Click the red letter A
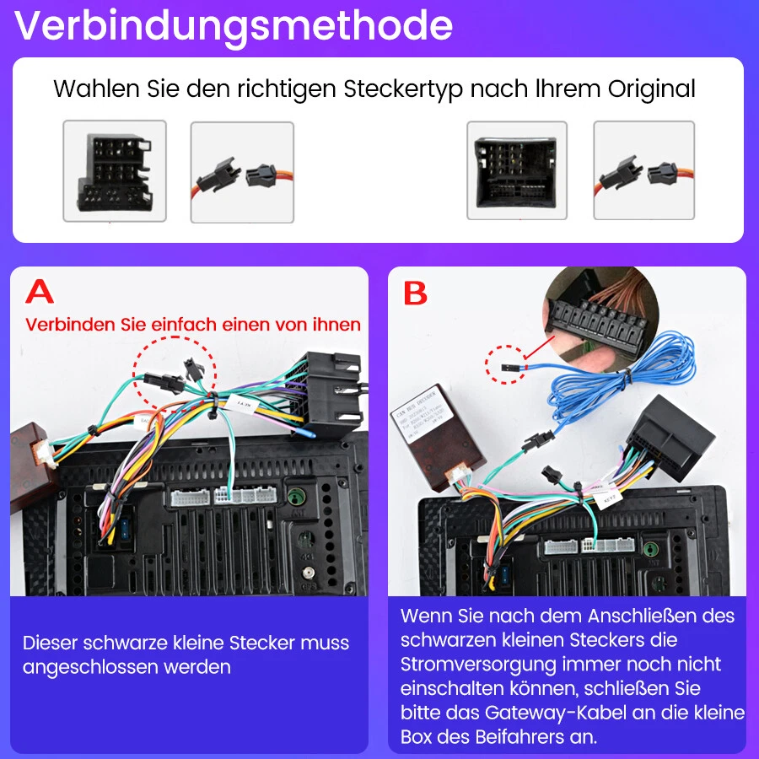[x=40, y=292]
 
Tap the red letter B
[x=415, y=293]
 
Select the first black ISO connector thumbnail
[x=115, y=171]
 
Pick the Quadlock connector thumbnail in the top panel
[x=517, y=171]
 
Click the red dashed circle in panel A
[x=175, y=369]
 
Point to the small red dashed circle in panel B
[x=503, y=365]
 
